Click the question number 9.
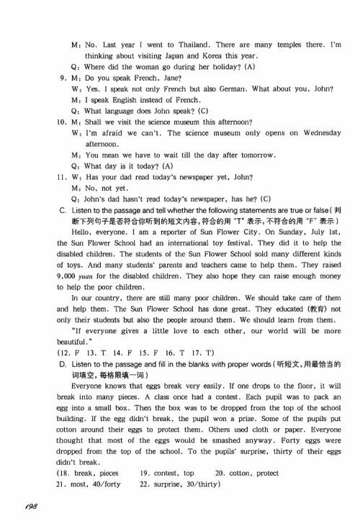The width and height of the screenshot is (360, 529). click(x=63, y=78)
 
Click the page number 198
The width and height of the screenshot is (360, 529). click(x=29, y=507)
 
